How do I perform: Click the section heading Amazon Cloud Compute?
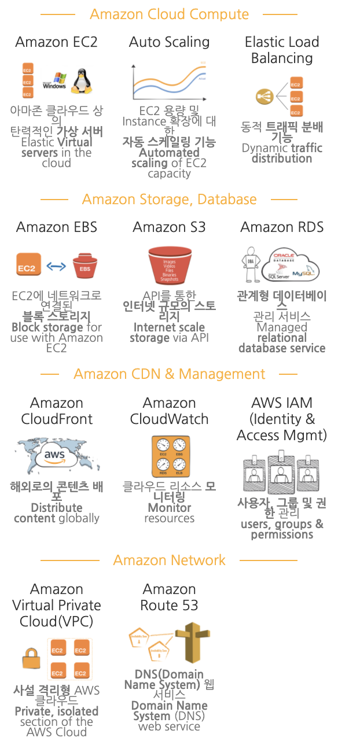(x=169, y=14)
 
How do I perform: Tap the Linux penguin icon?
(x=82, y=82)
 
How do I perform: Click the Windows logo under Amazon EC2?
(x=55, y=82)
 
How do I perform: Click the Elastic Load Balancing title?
(x=282, y=50)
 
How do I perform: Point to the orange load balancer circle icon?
(x=265, y=96)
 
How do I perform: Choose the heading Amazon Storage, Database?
(x=169, y=200)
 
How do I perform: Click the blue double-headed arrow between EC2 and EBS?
(x=56, y=266)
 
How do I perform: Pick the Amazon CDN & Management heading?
(x=169, y=374)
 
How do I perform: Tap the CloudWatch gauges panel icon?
(x=170, y=457)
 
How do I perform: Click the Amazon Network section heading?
(x=169, y=560)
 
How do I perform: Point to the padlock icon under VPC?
(x=30, y=659)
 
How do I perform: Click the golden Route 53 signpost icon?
(x=189, y=643)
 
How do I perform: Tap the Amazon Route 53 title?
(x=170, y=597)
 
